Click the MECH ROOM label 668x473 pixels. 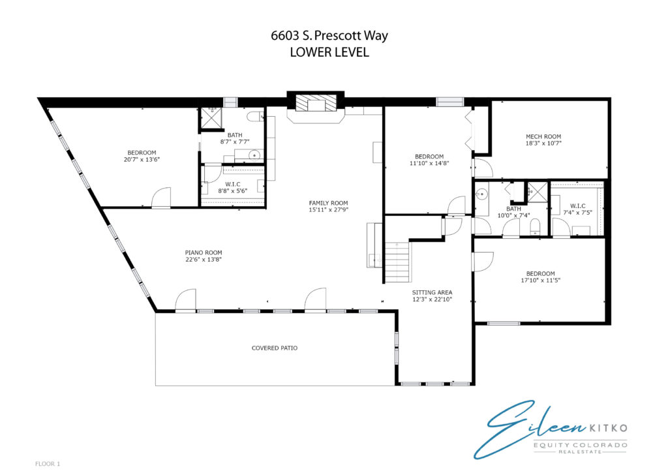pyautogui.click(x=543, y=136)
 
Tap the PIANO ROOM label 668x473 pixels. pyautogui.click(x=204, y=252)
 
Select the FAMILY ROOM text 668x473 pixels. pyautogui.click(x=329, y=203)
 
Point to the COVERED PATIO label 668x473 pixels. pyautogui.click(x=275, y=348)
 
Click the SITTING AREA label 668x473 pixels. pyautogui.click(x=432, y=292)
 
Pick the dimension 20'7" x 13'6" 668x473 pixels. pyautogui.click(x=142, y=159)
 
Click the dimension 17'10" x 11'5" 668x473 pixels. pyautogui.click(x=541, y=280)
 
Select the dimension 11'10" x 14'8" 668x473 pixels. pyautogui.click(x=429, y=163)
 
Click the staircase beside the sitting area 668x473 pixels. pyautogui.click(x=397, y=262)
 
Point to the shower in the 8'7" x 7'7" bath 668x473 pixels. pyautogui.click(x=212, y=117)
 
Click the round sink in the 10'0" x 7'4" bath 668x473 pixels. pyautogui.click(x=482, y=194)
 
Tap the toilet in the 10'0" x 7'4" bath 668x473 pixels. pyautogui.click(x=536, y=226)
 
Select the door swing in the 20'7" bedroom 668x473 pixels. pyautogui.click(x=161, y=197)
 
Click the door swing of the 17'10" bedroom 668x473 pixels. pyautogui.click(x=483, y=262)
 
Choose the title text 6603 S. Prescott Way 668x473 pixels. pyautogui.click(x=329, y=35)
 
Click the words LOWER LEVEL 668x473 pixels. pyautogui.click(x=329, y=52)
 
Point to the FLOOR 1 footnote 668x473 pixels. pyautogui.click(x=48, y=463)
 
